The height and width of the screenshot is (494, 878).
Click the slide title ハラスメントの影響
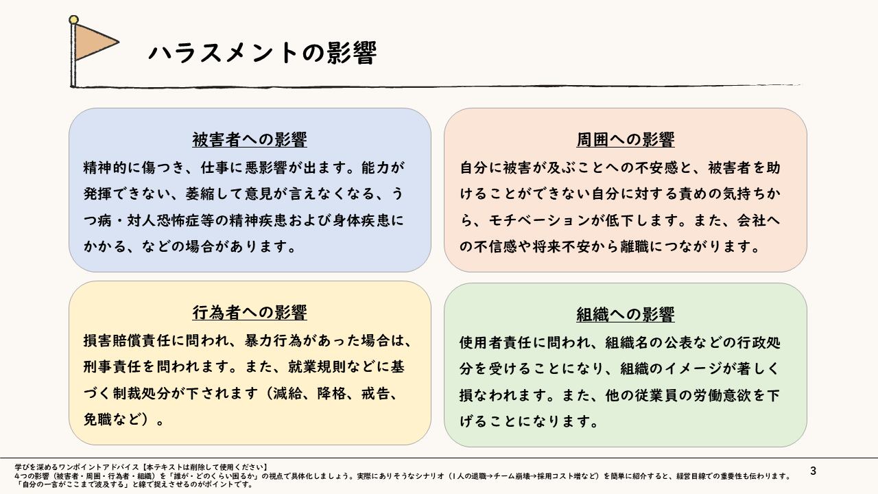pyautogui.click(x=263, y=53)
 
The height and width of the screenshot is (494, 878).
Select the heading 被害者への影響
pyautogui.click(x=250, y=139)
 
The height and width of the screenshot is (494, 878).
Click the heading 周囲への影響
pyautogui.click(x=625, y=139)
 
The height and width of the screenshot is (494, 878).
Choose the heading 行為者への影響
pyautogui.click(x=250, y=313)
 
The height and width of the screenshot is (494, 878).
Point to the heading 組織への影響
pyautogui.click(x=625, y=314)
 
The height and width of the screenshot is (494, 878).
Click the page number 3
pyautogui.click(x=814, y=471)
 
